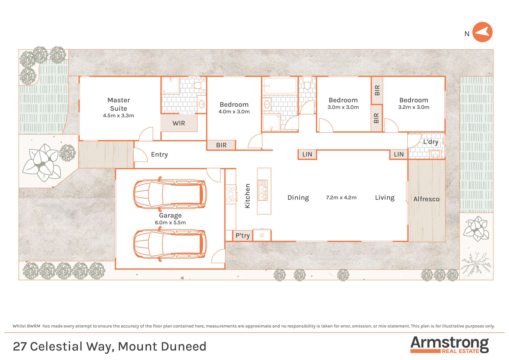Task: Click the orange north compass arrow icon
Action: [x=482, y=32]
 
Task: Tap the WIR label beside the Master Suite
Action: [x=179, y=123]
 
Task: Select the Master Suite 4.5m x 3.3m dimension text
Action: [x=118, y=116]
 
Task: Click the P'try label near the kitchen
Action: [x=242, y=236]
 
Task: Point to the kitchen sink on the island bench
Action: [x=263, y=190]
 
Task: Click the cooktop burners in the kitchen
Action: [x=231, y=194]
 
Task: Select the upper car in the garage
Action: [x=170, y=194]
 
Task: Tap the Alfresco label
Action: [x=426, y=199]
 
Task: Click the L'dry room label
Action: [x=431, y=142]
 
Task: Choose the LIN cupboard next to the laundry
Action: [x=399, y=154]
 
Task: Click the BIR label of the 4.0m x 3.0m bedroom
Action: [x=221, y=145]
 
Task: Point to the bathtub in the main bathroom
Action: [x=280, y=86]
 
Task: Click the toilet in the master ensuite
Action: [x=199, y=85]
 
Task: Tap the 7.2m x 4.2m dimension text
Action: [x=341, y=198]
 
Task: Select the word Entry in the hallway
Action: [x=159, y=155]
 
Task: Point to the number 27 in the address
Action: [x=20, y=347]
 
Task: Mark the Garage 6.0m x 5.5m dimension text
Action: [x=170, y=223]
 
